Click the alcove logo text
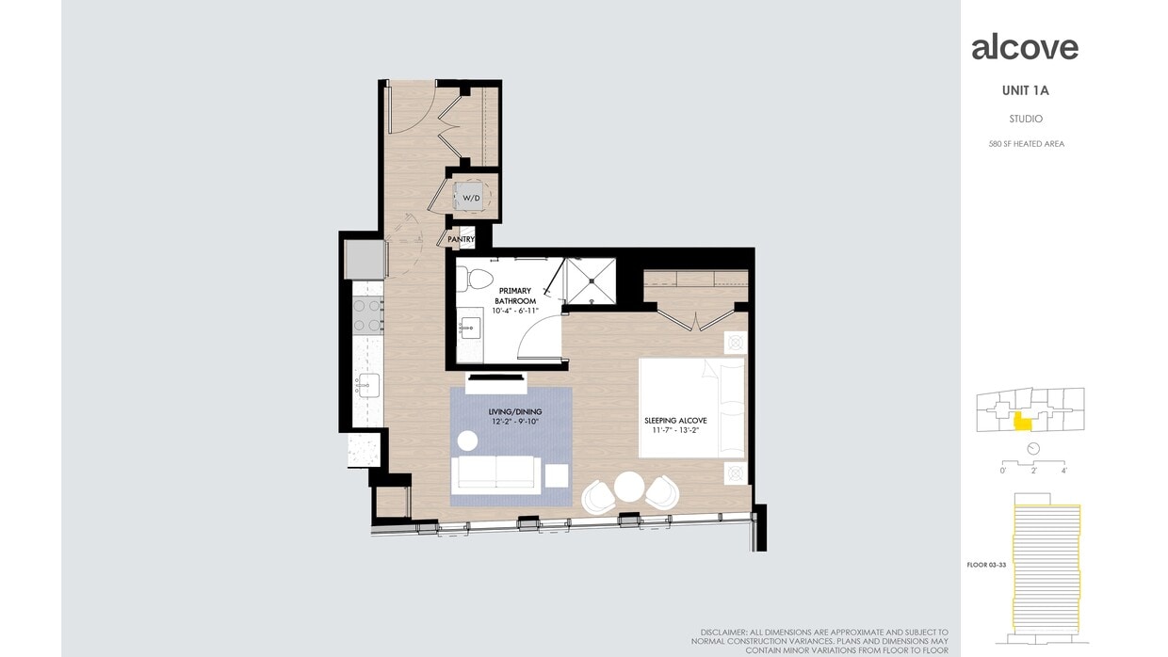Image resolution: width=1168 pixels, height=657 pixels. [x=1025, y=47]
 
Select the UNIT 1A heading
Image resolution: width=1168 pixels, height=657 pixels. [x=1026, y=91]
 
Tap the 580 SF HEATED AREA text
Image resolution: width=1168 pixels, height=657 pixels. [x=1026, y=144]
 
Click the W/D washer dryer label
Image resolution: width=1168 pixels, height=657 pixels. [x=471, y=199]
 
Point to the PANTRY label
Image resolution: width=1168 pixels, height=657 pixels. [x=461, y=240]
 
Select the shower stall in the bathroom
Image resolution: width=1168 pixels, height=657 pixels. [x=590, y=281]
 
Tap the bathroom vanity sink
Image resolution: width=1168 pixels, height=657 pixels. [x=469, y=328]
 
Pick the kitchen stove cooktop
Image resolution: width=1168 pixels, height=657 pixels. [x=367, y=314]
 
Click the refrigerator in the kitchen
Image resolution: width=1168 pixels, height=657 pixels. [x=365, y=260]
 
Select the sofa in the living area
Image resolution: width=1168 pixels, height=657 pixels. [x=495, y=474]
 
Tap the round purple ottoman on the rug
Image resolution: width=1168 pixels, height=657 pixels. [x=468, y=440]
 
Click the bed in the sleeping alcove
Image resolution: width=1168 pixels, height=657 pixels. [x=692, y=408]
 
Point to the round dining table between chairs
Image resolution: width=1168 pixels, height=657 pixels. [x=629, y=487]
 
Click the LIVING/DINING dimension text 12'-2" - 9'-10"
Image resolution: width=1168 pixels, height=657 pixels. [x=511, y=422]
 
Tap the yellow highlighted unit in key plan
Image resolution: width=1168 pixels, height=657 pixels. [x=1022, y=422]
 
